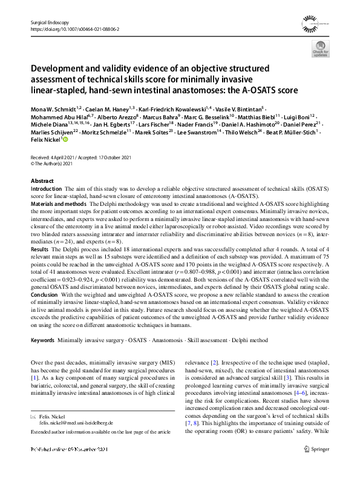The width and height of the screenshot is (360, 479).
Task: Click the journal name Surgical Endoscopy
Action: (48, 22)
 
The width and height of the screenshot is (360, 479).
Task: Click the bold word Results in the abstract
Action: (39, 266)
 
